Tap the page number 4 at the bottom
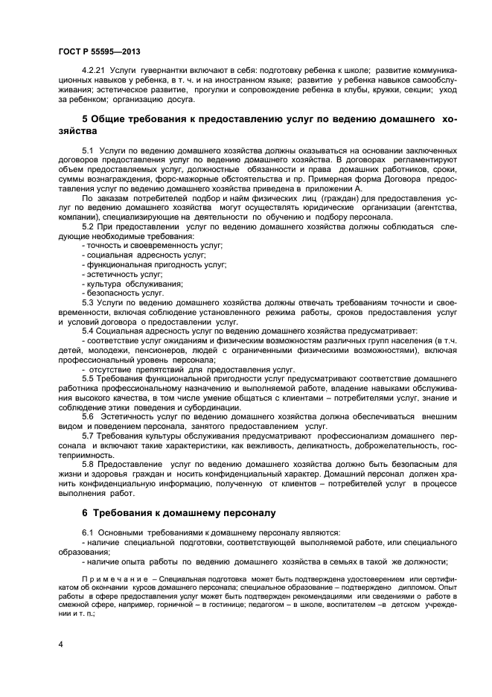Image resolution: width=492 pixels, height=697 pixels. click(60, 642)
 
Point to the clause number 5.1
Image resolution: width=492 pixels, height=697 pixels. click(88, 150)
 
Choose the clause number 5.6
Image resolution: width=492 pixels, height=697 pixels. click(88, 417)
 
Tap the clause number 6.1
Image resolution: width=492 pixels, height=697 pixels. click(88, 533)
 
